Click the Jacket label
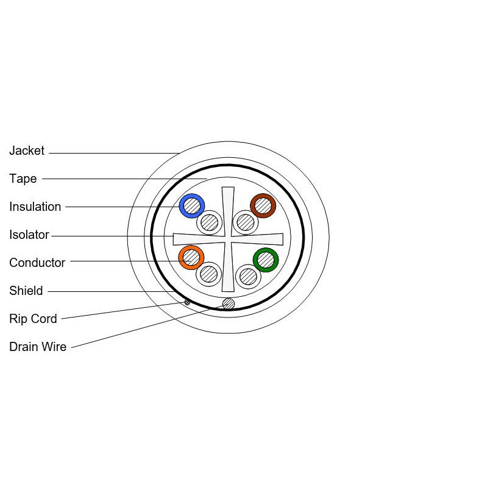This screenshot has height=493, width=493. (27, 151)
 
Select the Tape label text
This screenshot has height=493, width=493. (23, 179)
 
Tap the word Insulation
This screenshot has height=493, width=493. (35, 207)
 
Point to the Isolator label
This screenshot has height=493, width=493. (29, 235)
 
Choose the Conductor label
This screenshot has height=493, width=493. (37, 263)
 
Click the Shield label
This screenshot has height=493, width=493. (26, 291)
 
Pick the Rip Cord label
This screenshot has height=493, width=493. (34, 319)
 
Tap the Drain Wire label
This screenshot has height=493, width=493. (38, 347)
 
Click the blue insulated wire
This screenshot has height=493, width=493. (192, 206)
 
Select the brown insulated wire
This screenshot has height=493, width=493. (263, 205)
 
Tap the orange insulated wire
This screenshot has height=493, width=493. (191, 258)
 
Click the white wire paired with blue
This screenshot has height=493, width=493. (210, 222)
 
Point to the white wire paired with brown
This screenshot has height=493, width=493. (246, 222)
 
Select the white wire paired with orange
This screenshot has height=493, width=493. (208, 274)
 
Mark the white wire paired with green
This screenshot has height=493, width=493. (248, 276)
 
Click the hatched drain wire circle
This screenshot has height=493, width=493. (229, 303)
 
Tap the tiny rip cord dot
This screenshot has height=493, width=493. (187, 302)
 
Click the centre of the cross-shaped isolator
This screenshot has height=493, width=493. (228, 239)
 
